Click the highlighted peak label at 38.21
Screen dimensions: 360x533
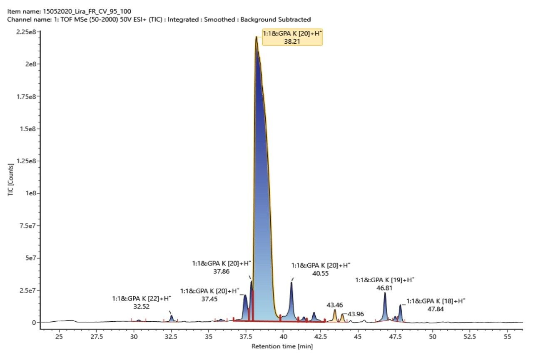pyautogui.click(x=291, y=37)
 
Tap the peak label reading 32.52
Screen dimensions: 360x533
pyautogui.click(x=142, y=303)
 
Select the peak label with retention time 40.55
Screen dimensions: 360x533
pyautogui.click(x=321, y=269)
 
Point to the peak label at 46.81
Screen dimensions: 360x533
pyautogui.click(x=385, y=284)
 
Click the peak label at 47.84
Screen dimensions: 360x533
pyautogui.click(x=436, y=305)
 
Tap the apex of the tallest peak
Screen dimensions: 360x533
pyautogui.click(x=256, y=37)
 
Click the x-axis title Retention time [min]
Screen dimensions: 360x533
pyautogui.click(x=282, y=346)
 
